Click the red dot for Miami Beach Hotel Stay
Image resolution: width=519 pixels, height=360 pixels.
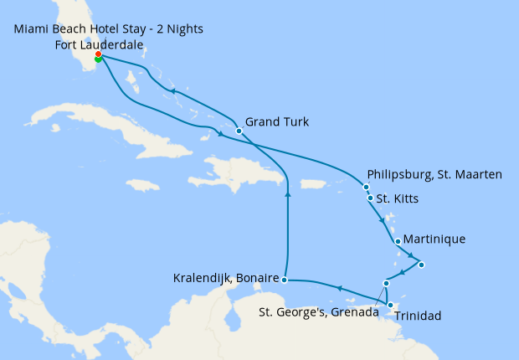99,55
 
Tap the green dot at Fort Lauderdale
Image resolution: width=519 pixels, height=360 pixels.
98,59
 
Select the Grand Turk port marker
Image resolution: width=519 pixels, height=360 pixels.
239,131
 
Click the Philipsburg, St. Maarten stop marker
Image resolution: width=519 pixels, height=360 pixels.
366,187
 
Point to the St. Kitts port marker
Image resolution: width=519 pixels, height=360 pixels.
370,198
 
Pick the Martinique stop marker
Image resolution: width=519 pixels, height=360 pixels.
397,239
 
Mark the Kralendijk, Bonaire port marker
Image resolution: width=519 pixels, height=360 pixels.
285,280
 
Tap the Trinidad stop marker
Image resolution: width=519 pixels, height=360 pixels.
390,305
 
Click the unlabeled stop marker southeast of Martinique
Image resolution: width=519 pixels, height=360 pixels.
421,265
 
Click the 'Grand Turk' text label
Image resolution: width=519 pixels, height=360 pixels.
278,122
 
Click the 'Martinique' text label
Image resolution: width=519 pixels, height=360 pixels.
434,239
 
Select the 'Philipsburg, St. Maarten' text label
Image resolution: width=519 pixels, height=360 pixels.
434,174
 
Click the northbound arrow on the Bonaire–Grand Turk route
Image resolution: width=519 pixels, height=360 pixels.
288,193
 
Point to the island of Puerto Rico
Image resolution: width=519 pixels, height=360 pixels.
312,184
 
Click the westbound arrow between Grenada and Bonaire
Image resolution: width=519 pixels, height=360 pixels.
338,288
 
